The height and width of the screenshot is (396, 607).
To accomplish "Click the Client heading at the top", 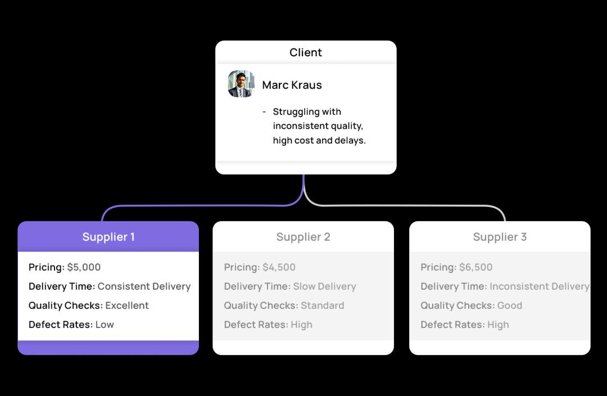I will (x=306, y=52).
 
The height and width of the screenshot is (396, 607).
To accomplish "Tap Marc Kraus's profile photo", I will (x=241, y=84).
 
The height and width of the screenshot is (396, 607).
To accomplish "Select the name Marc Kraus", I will (x=292, y=85).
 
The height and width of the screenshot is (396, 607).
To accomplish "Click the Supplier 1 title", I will (x=108, y=237).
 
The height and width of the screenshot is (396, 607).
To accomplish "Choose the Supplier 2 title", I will (x=303, y=237).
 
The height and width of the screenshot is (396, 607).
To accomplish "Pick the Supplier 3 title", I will (x=500, y=237).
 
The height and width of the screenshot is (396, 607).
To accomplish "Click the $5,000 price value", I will (x=84, y=267).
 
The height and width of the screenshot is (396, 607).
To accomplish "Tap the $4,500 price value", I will (x=279, y=267).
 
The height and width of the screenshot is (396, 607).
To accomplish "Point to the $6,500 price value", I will (x=475, y=267).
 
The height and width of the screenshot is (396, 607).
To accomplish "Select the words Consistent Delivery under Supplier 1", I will (x=144, y=286).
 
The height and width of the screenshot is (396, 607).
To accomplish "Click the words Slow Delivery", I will (x=324, y=286).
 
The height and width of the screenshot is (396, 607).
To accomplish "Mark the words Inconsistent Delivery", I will (x=538, y=286).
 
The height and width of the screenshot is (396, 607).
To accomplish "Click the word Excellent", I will (x=127, y=305).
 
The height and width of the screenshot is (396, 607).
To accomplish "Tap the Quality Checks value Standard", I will (x=322, y=305).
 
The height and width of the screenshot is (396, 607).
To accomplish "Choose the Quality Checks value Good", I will (x=510, y=305).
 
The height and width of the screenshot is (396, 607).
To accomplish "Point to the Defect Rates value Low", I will (x=105, y=325).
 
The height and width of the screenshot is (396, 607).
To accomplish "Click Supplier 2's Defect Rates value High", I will (x=301, y=325).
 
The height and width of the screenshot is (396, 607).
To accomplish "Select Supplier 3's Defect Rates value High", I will (x=498, y=325).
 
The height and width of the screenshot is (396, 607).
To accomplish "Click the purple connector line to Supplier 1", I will (x=197, y=206).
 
